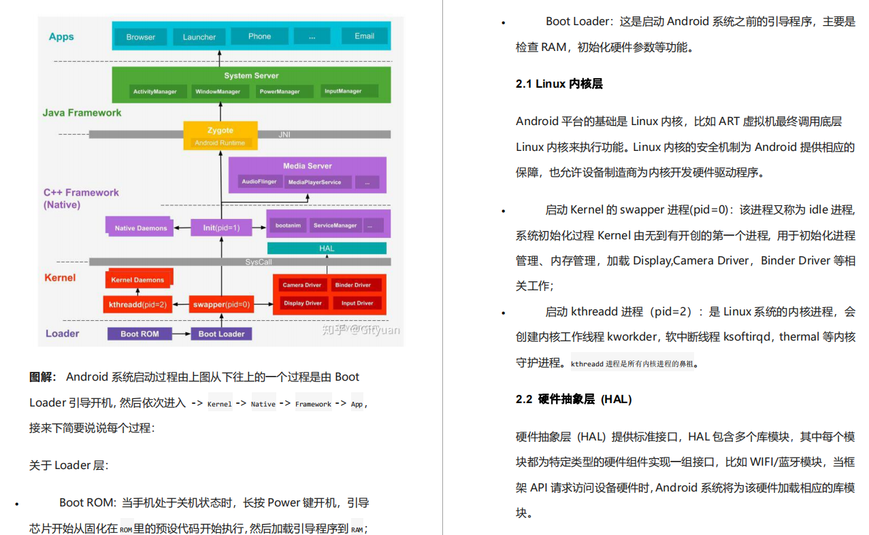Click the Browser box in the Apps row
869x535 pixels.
click(x=141, y=37)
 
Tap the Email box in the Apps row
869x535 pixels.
click(x=364, y=36)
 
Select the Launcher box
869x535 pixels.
click(x=199, y=37)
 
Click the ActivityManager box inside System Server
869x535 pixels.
click(x=155, y=91)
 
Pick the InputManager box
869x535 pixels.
click(x=343, y=91)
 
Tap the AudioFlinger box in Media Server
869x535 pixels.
click(x=259, y=182)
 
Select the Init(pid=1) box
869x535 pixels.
click(x=221, y=228)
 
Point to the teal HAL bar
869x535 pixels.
click(x=327, y=248)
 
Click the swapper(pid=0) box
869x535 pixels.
click(x=221, y=305)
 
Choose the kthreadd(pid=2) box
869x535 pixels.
click(x=138, y=305)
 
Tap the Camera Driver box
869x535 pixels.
click(x=302, y=285)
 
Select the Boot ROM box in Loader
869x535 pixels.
click(x=140, y=334)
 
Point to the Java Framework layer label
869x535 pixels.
click(x=82, y=113)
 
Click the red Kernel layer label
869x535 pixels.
click(x=60, y=277)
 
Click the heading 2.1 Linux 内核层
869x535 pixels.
click(x=559, y=84)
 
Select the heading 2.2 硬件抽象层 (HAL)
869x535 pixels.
click(x=573, y=399)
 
